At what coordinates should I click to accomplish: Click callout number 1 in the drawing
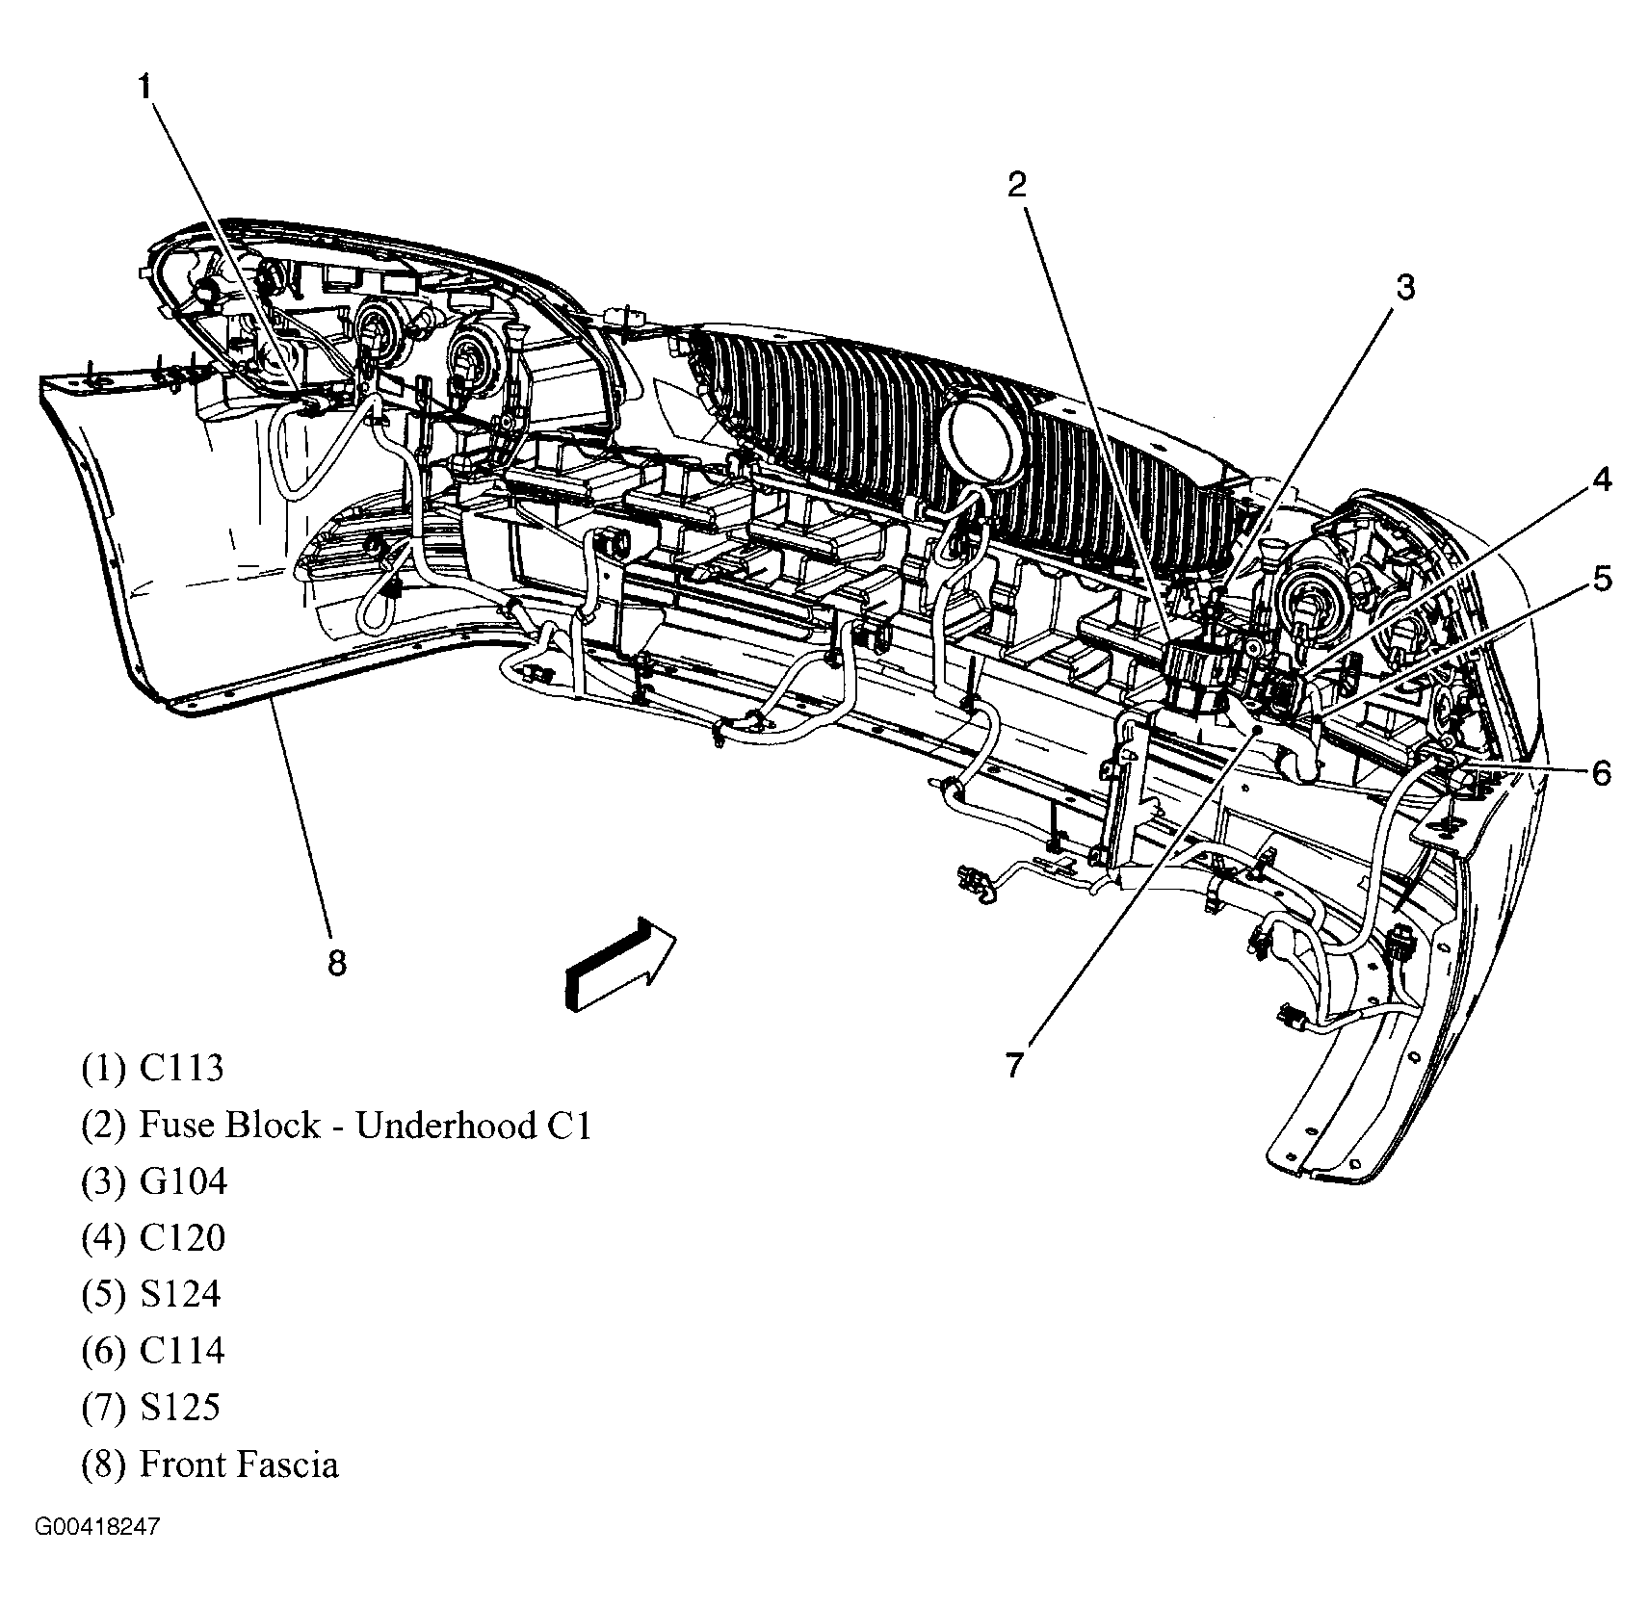pyautogui.click(x=144, y=88)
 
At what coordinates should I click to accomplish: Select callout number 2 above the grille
pyautogui.click(x=1017, y=184)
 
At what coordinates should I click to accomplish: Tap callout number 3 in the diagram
pyautogui.click(x=1405, y=287)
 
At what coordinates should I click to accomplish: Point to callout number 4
pyautogui.click(x=1600, y=479)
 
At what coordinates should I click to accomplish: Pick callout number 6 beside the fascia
pyautogui.click(x=1601, y=772)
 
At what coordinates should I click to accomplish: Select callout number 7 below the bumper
pyautogui.click(x=1012, y=1066)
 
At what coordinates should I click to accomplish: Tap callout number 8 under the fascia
pyautogui.click(x=336, y=962)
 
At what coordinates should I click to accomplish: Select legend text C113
pyautogui.click(x=181, y=1068)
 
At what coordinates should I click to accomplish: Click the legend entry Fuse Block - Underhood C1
pyautogui.click(x=365, y=1125)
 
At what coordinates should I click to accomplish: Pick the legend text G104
pyautogui.click(x=183, y=1180)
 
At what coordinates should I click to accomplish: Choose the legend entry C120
pyautogui.click(x=182, y=1237)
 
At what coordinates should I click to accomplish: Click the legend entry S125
pyautogui.click(x=180, y=1407)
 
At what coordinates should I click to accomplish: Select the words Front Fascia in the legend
pyautogui.click(x=239, y=1464)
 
